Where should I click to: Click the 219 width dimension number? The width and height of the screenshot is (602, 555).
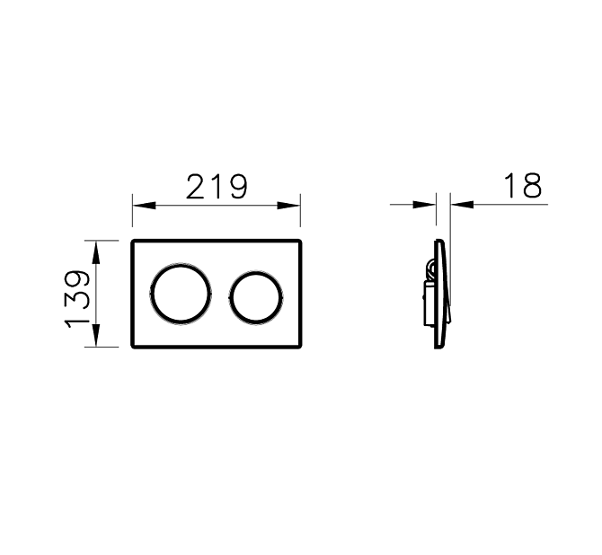217,187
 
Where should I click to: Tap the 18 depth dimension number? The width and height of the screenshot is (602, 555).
523,185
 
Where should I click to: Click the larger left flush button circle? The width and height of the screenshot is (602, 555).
181,264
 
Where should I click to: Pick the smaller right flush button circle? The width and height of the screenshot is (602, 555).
256,272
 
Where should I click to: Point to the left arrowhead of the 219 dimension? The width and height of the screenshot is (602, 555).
145,206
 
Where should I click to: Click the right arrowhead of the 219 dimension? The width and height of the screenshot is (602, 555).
288,206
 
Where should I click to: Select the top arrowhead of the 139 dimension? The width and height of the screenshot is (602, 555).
96,252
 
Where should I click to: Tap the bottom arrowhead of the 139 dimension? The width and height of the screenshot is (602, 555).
96,336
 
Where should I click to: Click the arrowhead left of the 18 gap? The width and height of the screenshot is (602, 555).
424,205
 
